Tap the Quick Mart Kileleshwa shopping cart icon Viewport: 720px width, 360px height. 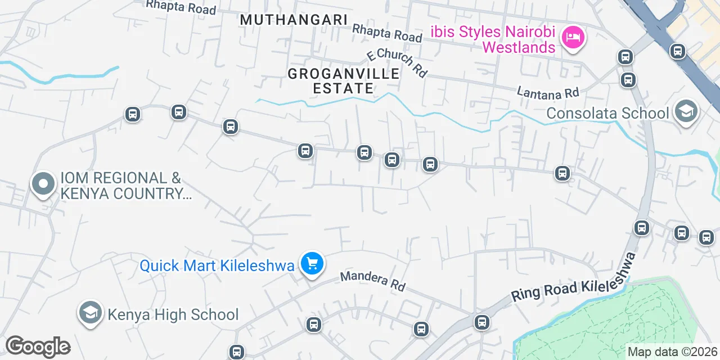312,263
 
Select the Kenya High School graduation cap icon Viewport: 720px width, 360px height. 90,313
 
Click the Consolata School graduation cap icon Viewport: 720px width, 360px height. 686,111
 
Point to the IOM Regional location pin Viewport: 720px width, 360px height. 43,184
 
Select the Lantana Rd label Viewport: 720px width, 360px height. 548,91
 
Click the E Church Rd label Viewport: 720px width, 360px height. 397,62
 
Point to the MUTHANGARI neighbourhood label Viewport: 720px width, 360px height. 294,20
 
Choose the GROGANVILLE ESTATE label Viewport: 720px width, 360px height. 344,81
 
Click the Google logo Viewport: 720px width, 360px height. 38,346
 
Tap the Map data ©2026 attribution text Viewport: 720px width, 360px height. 673,352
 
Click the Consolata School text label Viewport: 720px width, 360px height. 608,113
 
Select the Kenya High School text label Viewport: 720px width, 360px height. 173,314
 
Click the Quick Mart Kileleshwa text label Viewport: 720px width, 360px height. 217,265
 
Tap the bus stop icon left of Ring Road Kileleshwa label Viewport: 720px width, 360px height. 481,322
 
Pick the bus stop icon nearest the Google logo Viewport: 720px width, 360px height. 237,352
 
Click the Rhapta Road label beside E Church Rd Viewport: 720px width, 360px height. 387,32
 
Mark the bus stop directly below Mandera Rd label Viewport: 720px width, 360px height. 421,329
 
